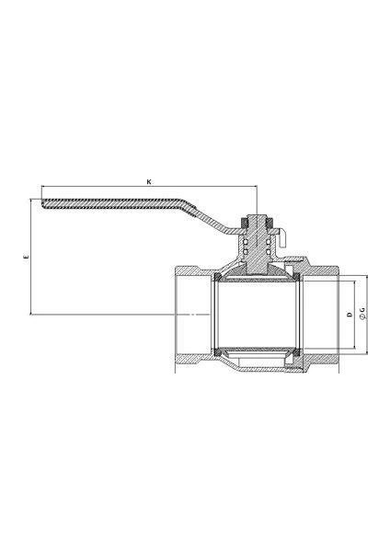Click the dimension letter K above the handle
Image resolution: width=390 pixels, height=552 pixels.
point(149,182)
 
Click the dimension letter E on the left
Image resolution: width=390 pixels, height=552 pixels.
point(26,258)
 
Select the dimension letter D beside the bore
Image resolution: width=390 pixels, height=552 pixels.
point(350,314)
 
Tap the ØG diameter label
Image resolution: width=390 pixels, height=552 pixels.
point(362,314)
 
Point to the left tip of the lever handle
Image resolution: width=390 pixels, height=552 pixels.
point(41,203)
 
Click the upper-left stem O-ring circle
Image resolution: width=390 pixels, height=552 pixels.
point(246,242)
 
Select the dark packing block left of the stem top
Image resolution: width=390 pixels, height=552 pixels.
point(244,223)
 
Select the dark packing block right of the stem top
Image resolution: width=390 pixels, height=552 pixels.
point(270,223)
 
